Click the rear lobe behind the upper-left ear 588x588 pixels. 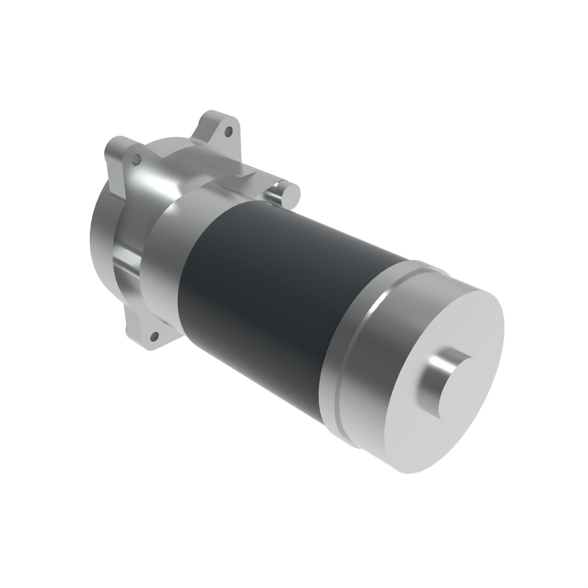(x=113, y=146)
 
